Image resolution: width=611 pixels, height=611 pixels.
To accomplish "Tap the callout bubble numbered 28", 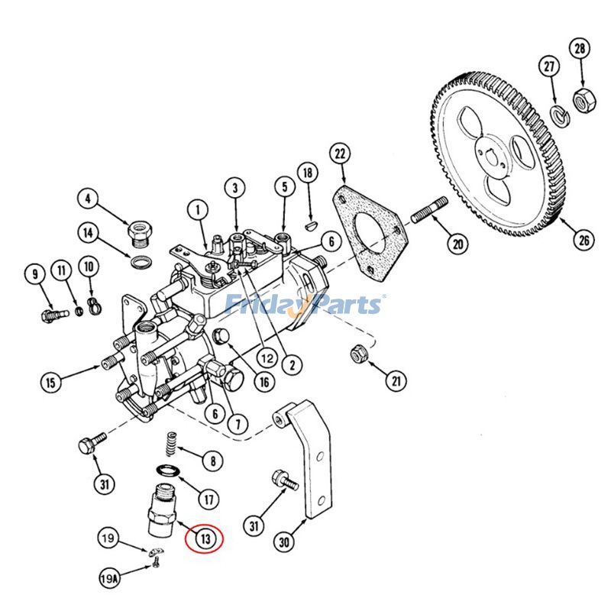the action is [580, 49].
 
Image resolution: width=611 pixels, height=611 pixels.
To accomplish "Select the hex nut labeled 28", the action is [584, 101].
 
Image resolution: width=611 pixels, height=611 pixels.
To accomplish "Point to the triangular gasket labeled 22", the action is [370, 233].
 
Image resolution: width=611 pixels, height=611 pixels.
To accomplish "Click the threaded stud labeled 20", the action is [429, 210].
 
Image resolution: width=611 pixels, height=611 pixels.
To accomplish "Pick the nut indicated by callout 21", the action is [357, 354].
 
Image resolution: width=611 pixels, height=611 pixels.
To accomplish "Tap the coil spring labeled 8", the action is [170, 444].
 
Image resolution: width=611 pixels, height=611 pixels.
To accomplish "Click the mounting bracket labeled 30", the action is [308, 458].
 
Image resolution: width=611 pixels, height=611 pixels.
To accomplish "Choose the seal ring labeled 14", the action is [141, 262].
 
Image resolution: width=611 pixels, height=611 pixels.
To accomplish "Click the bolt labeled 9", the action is [55, 314].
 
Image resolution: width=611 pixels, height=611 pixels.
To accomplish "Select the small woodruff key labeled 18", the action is [311, 226].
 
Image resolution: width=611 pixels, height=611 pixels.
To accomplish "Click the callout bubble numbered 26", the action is [584, 240].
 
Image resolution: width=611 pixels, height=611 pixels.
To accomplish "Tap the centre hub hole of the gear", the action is [491, 155].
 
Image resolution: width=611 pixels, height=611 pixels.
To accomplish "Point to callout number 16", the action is [264, 381].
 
